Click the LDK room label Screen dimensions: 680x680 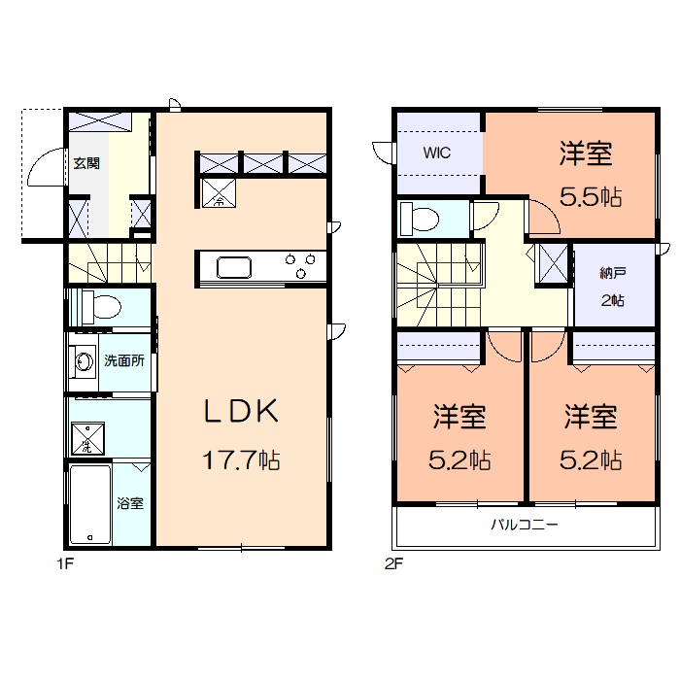coord(241,412)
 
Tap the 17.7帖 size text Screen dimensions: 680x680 coord(241,459)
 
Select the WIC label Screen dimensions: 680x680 coord(435,153)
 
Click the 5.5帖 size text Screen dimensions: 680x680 coord(590,196)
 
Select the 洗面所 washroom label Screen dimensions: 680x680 coord(124,360)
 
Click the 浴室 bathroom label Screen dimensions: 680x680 coord(130,503)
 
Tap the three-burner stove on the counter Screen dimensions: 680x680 coord(300,260)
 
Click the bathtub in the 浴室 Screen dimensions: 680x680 coord(89,505)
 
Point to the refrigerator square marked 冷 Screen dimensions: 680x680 coord(220,193)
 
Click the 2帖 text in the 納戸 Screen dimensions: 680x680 coord(612,301)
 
